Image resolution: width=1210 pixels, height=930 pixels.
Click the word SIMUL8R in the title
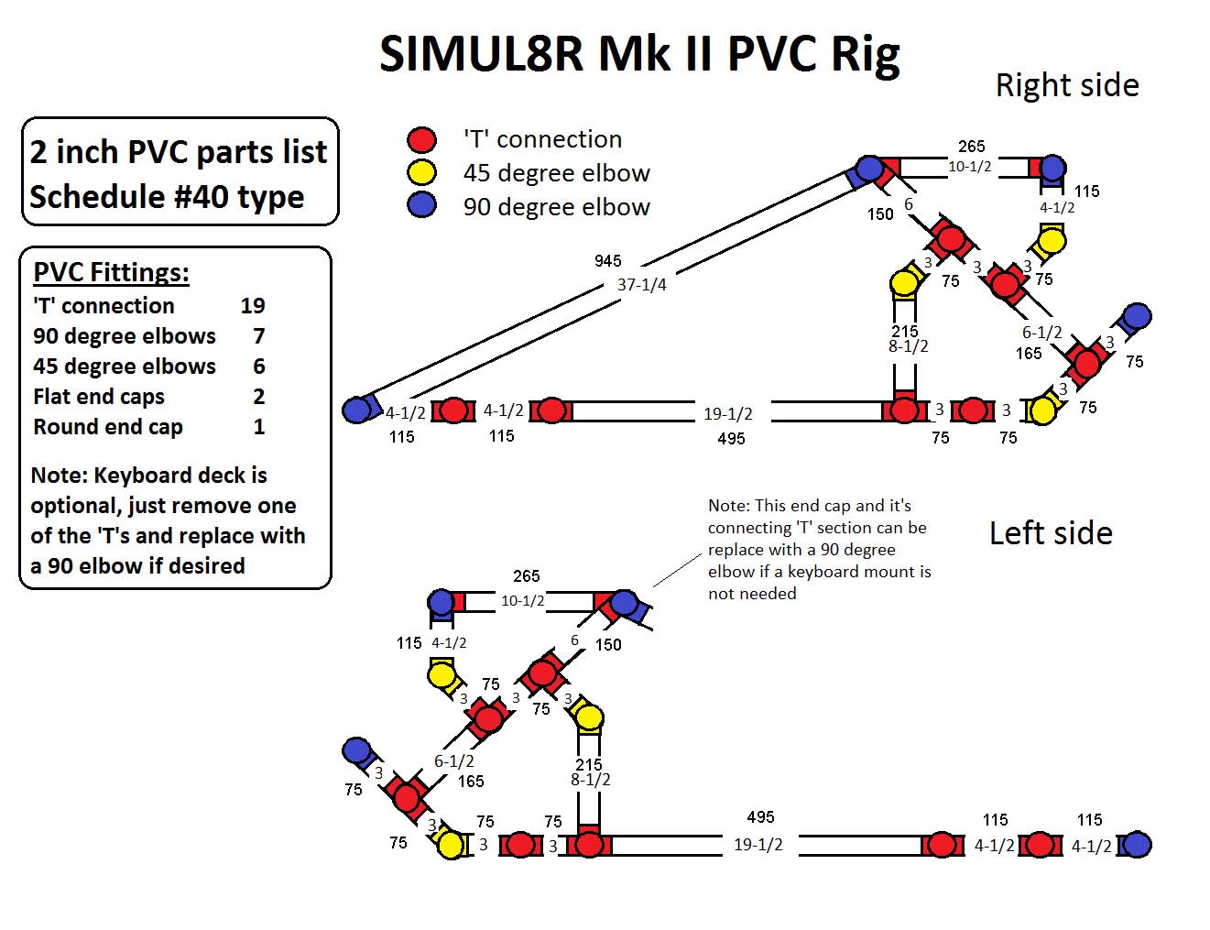[x=481, y=54]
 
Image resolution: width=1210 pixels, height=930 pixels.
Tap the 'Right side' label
[x=1067, y=86]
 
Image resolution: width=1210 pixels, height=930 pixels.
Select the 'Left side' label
[x=1051, y=533]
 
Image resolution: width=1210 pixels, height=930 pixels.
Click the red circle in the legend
[x=421, y=139]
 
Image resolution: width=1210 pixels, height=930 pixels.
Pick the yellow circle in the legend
[x=421, y=172]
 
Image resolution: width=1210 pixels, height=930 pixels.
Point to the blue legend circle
[x=421, y=205]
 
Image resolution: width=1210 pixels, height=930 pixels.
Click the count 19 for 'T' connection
[x=253, y=306]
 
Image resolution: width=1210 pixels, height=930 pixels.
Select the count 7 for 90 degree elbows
[x=259, y=335]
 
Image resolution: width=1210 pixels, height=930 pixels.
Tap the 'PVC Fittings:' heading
[x=112, y=273]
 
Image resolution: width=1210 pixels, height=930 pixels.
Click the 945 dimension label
[x=607, y=260]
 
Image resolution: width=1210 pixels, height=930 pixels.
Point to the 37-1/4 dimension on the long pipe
[x=641, y=285]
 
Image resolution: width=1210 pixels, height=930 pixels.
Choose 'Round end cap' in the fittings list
[x=108, y=427]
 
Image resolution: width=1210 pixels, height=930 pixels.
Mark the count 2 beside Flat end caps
[x=259, y=397]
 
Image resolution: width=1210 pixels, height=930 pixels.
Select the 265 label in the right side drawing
[x=971, y=147]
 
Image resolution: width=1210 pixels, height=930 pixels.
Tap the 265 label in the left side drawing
[x=526, y=575]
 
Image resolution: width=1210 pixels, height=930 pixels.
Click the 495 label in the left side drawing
[x=760, y=817]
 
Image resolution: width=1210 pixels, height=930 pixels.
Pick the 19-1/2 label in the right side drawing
[x=728, y=414]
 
